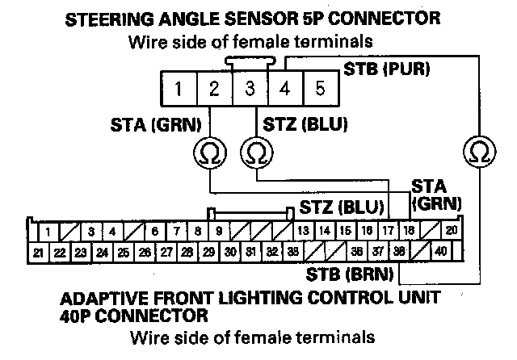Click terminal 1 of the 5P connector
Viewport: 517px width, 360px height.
tap(177, 88)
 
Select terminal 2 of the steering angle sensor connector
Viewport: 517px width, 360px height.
tap(212, 88)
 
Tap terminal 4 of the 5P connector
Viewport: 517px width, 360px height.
tap(284, 88)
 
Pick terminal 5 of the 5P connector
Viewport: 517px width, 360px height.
tap(319, 88)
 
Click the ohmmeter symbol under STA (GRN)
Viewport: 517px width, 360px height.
tap(208, 150)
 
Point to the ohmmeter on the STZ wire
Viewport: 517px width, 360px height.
tap(256, 150)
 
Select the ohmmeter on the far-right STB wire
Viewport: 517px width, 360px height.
tap(478, 150)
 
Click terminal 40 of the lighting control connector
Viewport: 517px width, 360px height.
tap(440, 252)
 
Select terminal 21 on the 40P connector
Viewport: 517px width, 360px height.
tap(38, 252)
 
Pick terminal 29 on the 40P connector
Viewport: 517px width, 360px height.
tap(208, 252)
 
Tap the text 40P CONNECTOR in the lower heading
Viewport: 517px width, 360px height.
tap(134, 315)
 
